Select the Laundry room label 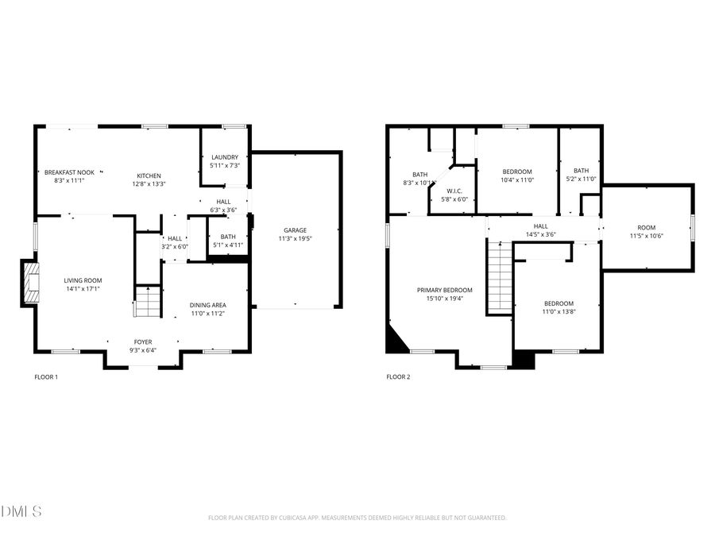click(225, 157)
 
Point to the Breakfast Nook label click(69, 172)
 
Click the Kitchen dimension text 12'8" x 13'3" click(149, 184)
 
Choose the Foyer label click(143, 342)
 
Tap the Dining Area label click(207, 306)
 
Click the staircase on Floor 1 click(147, 303)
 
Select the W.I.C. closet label click(454, 191)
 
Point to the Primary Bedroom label click(445, 290)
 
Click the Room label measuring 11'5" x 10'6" click(647, 227)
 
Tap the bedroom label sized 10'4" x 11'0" click(518, 172)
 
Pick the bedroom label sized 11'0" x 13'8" click(558, 304)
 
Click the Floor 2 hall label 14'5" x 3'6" click(540, 226)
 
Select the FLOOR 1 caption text click(46, 377)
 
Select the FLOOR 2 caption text click(398, 377)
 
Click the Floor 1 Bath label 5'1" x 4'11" click(228, 237)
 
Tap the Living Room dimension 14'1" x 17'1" click(83, 289)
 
